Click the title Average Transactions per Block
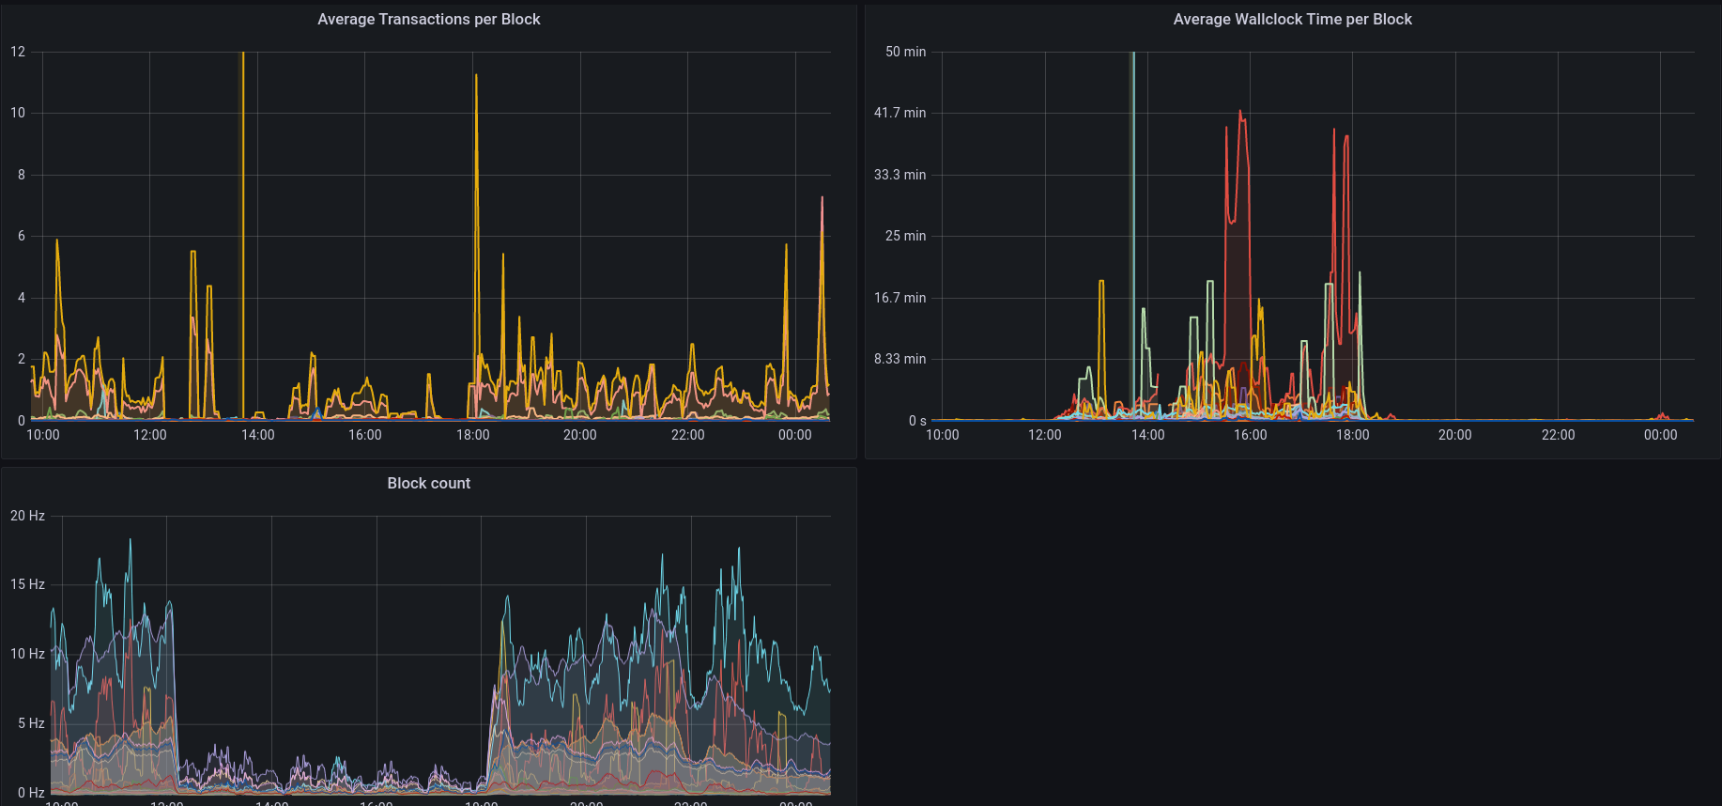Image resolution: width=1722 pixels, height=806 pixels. [x=428, y=19]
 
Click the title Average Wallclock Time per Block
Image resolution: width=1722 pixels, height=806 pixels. [x=1292, y=19]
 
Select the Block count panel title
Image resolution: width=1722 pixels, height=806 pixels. [x=428, y=483]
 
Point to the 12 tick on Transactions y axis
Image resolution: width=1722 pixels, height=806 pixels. [x=18, y=52]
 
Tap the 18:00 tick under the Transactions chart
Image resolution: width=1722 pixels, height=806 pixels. [x=472, y=435]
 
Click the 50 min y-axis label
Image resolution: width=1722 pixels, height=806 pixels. [x=905, y=52]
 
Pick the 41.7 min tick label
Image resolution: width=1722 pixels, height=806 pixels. [x=899, y=113]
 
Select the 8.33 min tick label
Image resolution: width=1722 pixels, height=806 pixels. [x=899, y=359]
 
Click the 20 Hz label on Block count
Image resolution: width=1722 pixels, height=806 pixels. [x=27, y=516]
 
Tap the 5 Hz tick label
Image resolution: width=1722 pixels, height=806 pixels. [x=31, y=723]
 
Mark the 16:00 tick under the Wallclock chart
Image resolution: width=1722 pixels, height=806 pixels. [x=1250, y=435]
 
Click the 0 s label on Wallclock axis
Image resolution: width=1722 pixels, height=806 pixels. [x=917, y=421]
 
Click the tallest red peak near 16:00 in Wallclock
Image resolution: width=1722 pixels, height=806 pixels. [x=1240, y=112]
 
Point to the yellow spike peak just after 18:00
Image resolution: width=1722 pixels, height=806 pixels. [x=476, y=76]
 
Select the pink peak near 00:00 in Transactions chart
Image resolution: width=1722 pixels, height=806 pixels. [x=822, y=198]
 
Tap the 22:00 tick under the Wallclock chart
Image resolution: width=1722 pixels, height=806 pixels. [x=1558, y=435]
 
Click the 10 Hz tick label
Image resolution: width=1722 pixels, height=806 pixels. [x=27, y=654]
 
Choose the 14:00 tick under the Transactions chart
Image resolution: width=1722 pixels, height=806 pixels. [x=257, y=435]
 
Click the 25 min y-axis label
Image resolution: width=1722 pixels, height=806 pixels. [x=905, y=236]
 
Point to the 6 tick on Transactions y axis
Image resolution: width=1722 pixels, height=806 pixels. [x=22, y=236]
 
